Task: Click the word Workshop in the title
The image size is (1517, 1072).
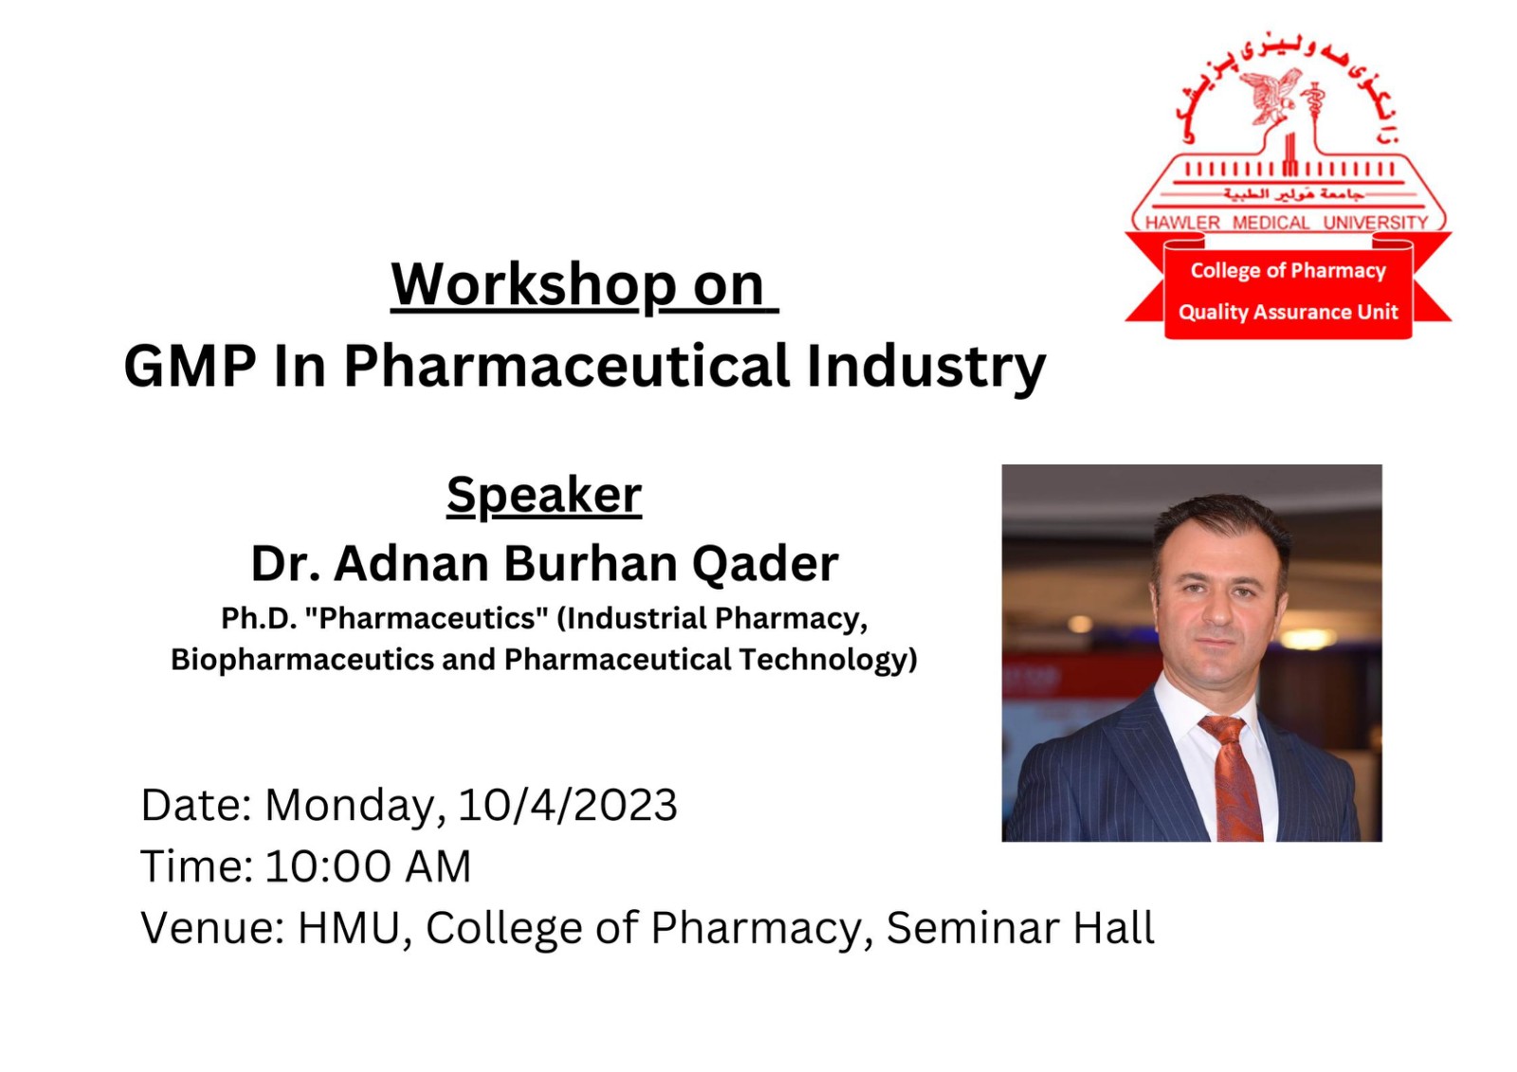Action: tap(516, 285)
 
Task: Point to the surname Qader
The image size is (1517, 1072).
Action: tap(765, 565)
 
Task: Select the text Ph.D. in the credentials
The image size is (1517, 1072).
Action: tap(259, 618)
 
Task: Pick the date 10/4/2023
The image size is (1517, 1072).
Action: tap(568, 806)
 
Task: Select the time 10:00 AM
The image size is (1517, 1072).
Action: tap(368, 867)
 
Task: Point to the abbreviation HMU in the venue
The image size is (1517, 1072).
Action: tap(349, 929)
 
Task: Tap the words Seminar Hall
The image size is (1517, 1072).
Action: tap(1020, 928)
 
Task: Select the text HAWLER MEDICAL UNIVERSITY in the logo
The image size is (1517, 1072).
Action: tap(1286, 223)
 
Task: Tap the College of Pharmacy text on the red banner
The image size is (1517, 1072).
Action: tap(1289, 271)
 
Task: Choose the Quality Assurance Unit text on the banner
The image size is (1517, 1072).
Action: tap(1289, 312)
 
